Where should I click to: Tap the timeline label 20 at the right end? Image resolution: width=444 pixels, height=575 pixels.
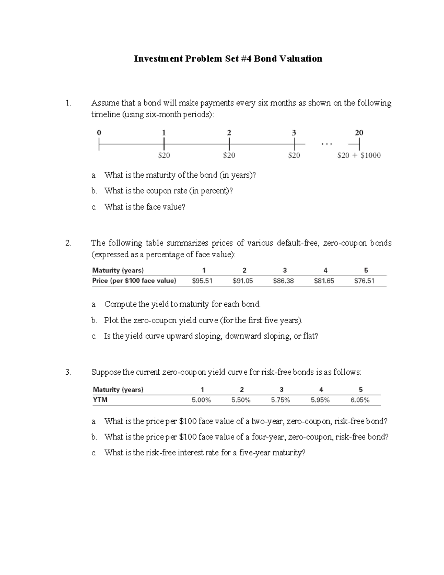click(359, 133)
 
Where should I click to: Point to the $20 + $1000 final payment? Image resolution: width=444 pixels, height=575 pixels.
click(359, 156)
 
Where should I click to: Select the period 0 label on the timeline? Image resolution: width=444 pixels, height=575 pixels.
click(99, 133)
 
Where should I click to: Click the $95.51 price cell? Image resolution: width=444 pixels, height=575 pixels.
click(202, 281)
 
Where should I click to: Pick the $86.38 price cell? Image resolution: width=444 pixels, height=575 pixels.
click(283, 281)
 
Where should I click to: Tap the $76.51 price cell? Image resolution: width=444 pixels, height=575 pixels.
click(364, 281)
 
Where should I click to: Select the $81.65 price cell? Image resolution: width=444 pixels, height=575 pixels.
click(324, 281)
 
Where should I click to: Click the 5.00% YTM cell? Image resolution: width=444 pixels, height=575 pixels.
click(201, 400)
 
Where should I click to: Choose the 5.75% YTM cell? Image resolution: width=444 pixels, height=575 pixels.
click(280, 400)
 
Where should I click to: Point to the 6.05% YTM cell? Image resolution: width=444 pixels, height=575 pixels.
click(360, 400)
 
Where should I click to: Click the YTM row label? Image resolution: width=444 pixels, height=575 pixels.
click(100, 400)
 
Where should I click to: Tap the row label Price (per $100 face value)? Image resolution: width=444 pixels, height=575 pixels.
click(134, 281)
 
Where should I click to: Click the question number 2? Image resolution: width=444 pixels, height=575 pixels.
click(68, 243)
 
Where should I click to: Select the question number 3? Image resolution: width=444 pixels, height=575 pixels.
click(68, 372)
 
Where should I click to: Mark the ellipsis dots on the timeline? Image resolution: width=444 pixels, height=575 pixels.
click(327, 144)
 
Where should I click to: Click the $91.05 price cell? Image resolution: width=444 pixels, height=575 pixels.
click(243, 281)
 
